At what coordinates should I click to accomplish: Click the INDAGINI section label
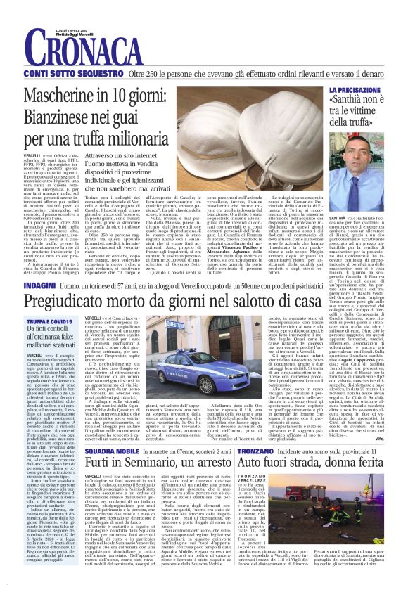[x=40, y=286]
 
